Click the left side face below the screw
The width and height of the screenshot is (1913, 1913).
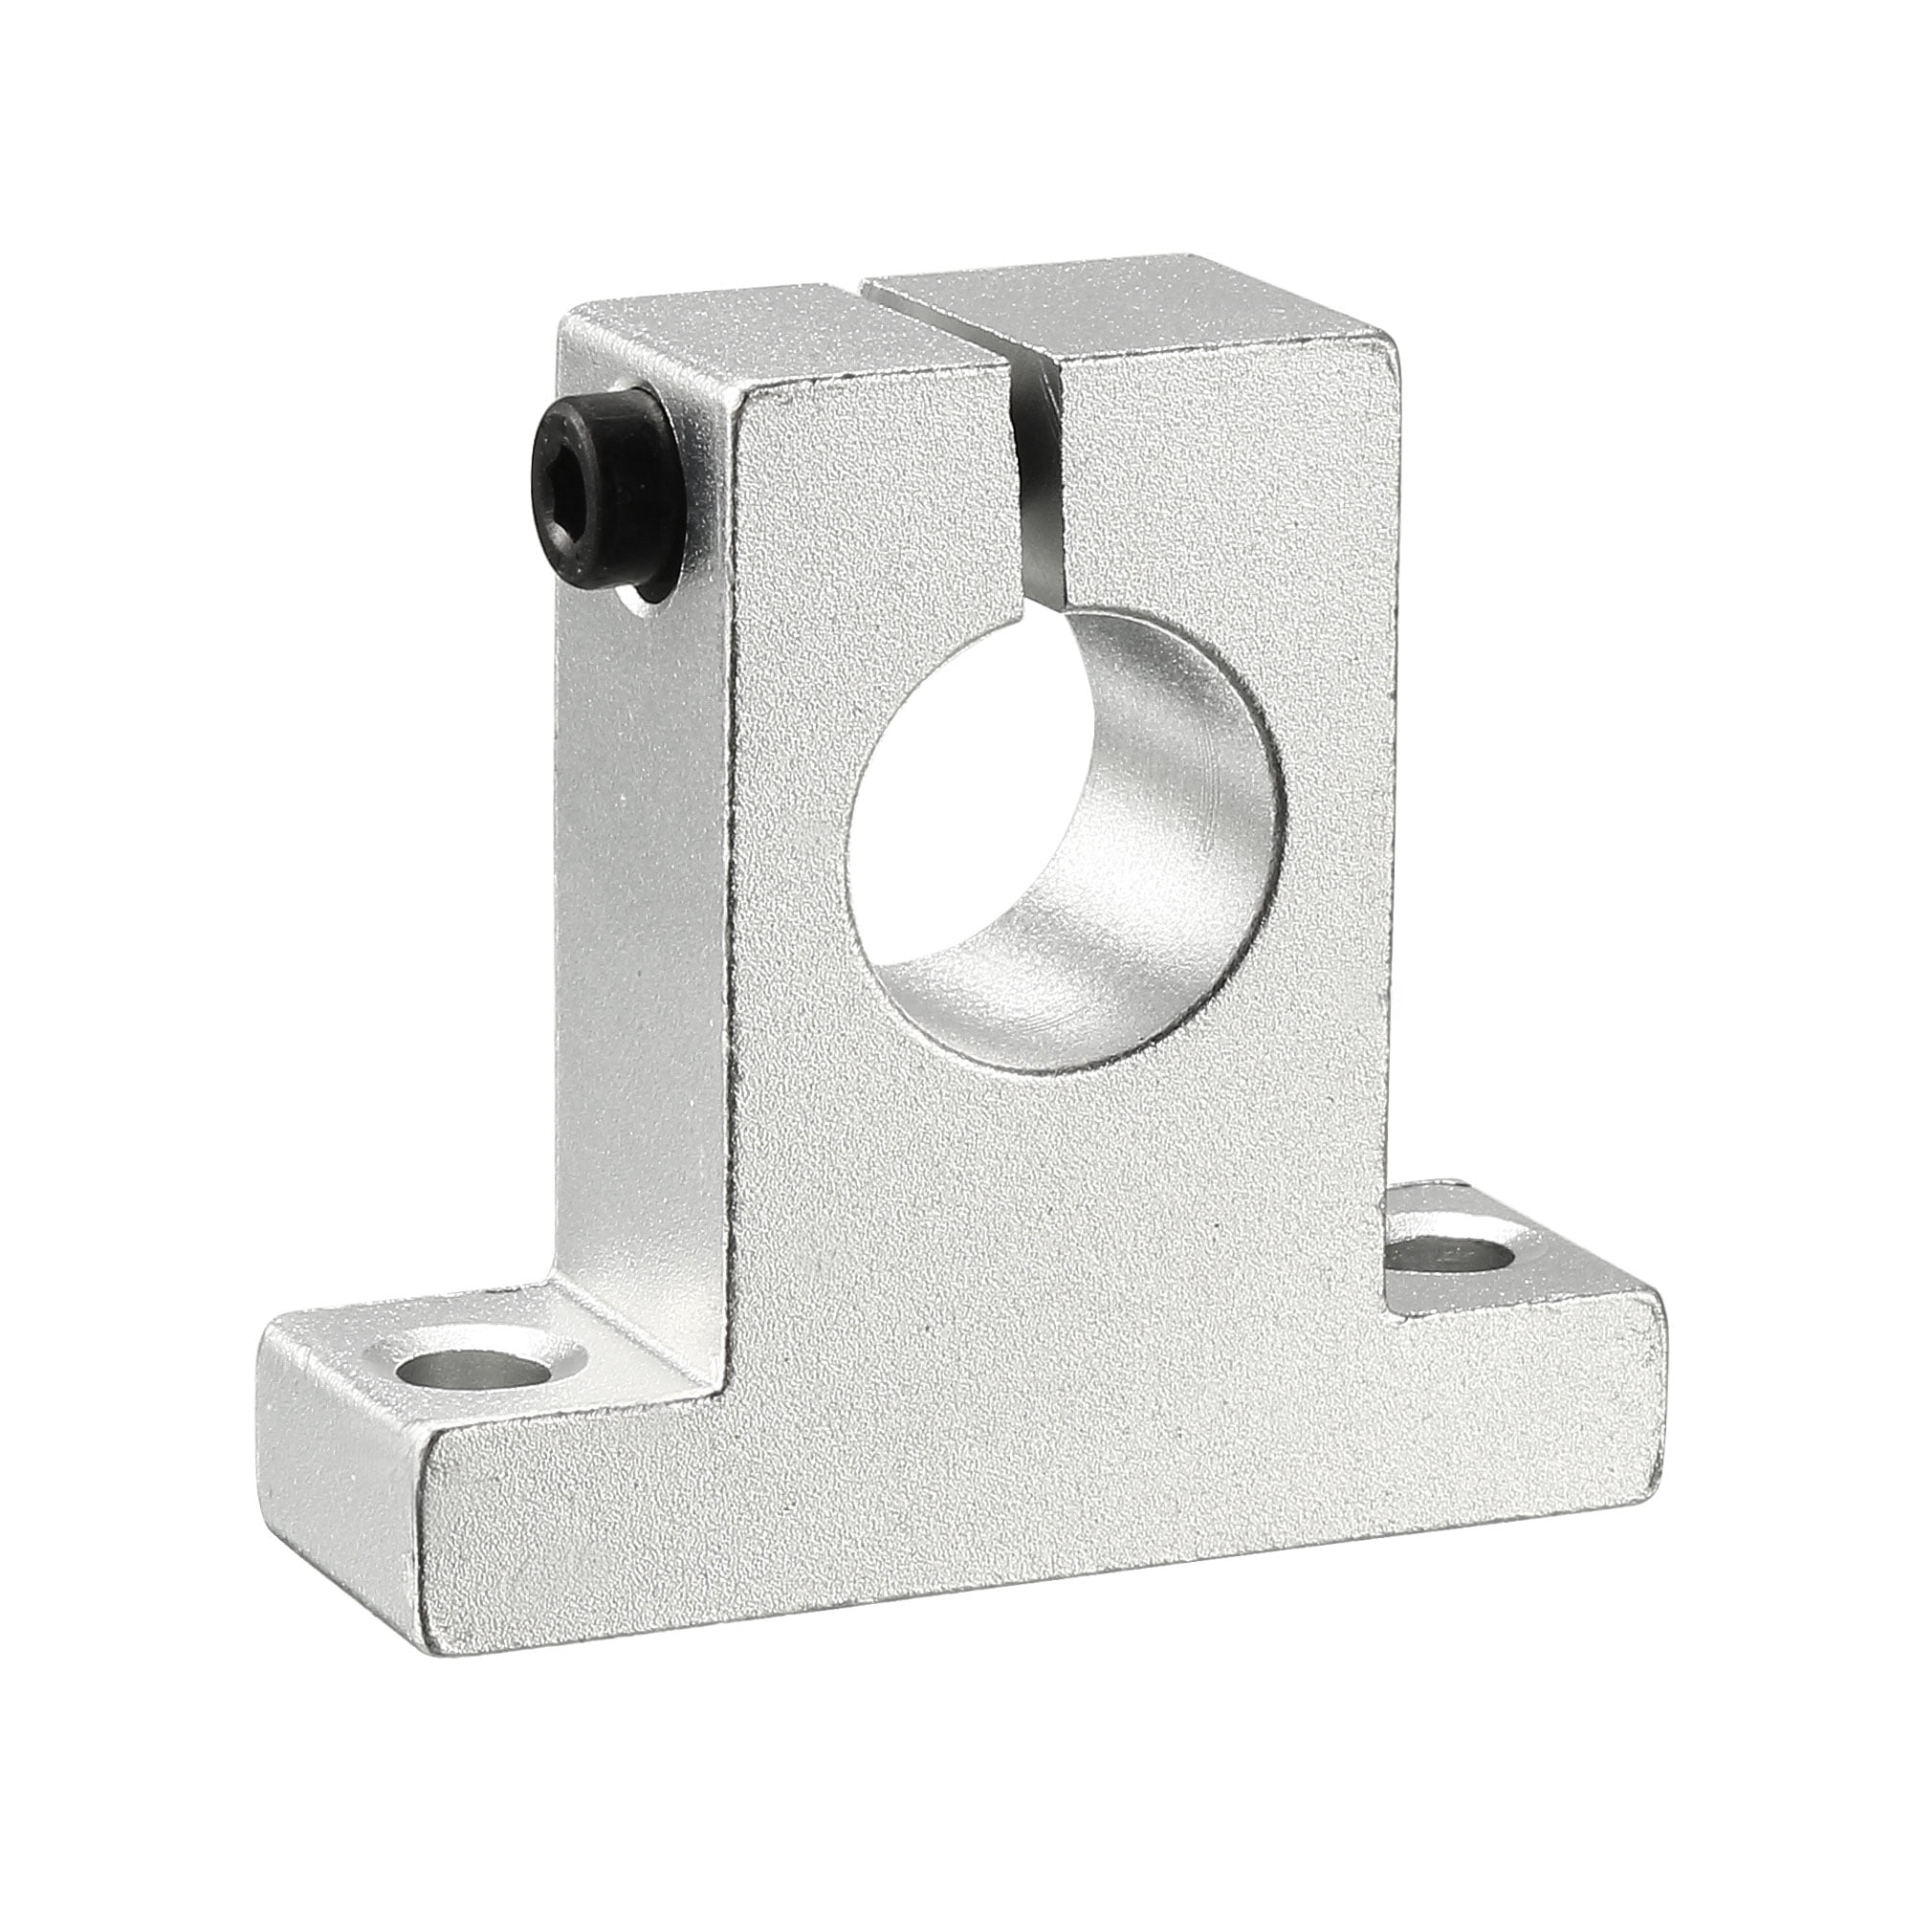coord(644,891)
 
